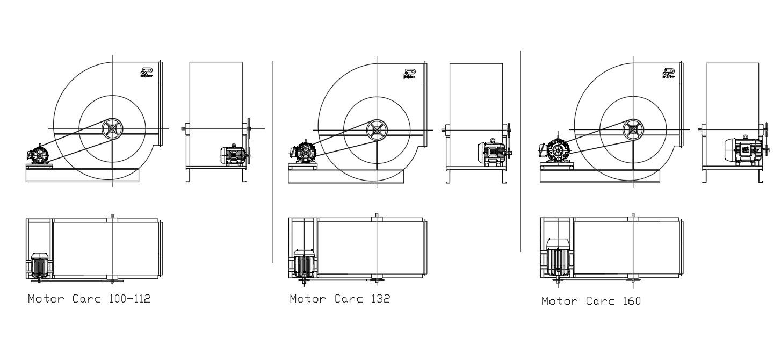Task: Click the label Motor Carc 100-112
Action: click(89, 299)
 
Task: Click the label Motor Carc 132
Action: click(339, 299)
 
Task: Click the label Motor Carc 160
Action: click(591, 301)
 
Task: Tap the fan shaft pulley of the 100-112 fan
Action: click(112, 129)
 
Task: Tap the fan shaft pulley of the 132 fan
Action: click(377, 130)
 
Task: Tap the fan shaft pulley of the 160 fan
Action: click(633, 130)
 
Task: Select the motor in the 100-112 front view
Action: click(39, 155)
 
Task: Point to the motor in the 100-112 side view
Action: click(234, 155)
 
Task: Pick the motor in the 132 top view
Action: click(304, 263)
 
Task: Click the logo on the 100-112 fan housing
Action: click(147, 73)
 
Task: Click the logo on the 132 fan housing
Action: click(409, 74)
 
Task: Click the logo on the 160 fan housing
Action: click(669, 74)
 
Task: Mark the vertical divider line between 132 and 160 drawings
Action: click(520, 150)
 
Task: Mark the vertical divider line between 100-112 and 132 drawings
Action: click(273, 161)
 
